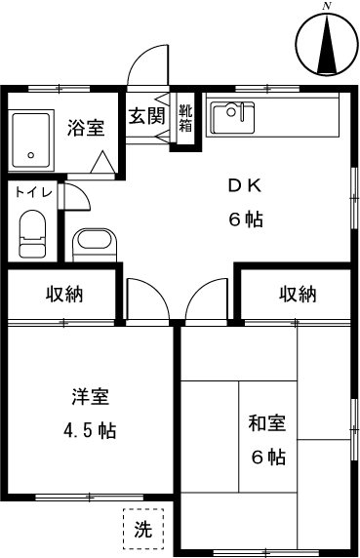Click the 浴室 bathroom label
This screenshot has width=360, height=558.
pos(86,127)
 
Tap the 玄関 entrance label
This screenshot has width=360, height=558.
pos(146,115)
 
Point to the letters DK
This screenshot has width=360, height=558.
pos(244,185)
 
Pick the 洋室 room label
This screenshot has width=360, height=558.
pos(90,397)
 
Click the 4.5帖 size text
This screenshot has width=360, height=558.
pos(90,429)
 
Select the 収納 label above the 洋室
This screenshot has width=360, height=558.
pos(62,294)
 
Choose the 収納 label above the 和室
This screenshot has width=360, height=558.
pos(297,294)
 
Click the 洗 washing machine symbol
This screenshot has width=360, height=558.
pos(142,531)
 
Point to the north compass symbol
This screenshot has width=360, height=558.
pos(327,45)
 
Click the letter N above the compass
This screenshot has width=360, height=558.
pos(327,7)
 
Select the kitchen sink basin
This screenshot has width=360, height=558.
pos(231,117)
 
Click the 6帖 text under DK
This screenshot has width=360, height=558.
pos(246,219)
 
